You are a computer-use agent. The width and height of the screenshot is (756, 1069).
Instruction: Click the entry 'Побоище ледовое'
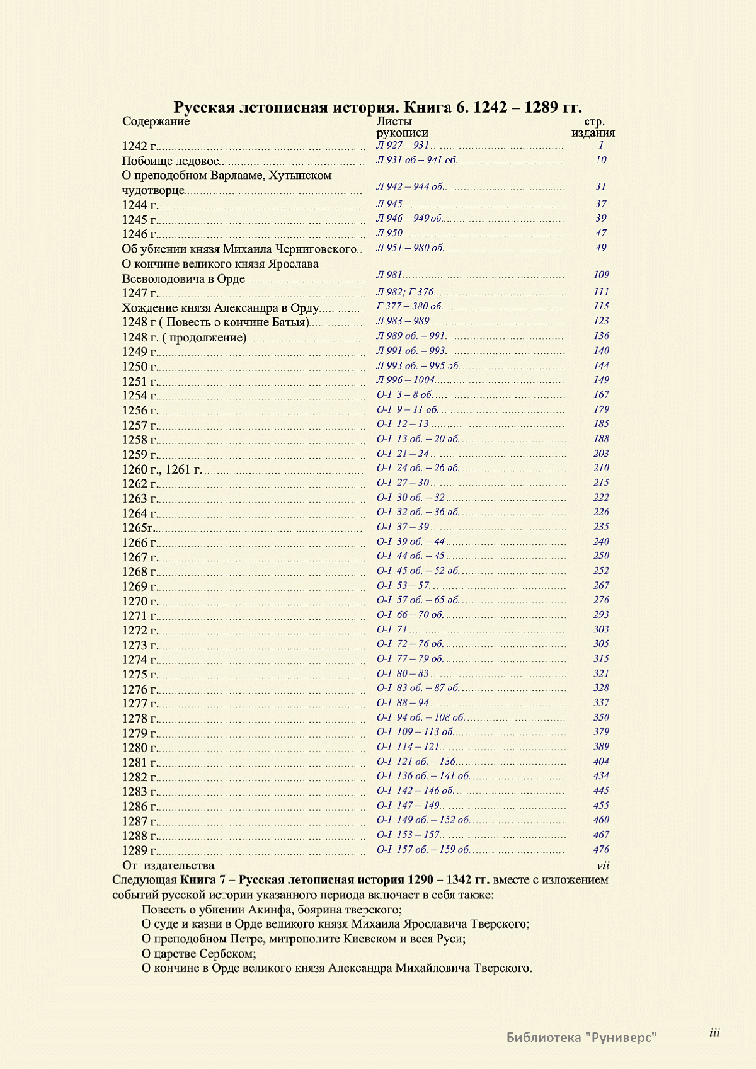click(170, 161)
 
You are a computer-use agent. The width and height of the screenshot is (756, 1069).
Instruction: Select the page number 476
click(601, 850)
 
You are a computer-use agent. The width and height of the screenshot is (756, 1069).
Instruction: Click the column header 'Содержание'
click(156, 122)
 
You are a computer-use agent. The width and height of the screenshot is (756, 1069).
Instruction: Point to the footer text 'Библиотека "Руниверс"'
click(581, 1037)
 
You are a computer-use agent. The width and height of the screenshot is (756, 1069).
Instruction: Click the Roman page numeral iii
click(714, 1032)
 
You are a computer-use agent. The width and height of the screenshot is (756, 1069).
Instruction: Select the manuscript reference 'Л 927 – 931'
click(403, 146)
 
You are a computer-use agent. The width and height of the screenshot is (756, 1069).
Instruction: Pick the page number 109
click(601, 275)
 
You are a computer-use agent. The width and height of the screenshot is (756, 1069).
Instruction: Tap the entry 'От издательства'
click(168, 866)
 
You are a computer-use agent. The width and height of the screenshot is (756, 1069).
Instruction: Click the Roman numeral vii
click(603, 866)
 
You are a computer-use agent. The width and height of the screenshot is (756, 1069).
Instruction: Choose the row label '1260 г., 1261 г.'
click(162, 469)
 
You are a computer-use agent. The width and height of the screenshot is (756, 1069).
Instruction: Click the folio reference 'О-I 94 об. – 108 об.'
click(420, 717)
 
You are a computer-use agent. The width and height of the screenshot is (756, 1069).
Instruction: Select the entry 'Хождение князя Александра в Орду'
click(220, 308)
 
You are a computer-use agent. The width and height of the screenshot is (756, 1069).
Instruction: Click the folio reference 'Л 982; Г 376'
click(405, 292)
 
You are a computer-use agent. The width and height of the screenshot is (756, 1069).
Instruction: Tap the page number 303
click(601, 629)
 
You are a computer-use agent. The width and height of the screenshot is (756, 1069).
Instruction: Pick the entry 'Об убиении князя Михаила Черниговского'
click(239, 249)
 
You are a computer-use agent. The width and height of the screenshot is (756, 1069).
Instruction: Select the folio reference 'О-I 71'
click(392, 629)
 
